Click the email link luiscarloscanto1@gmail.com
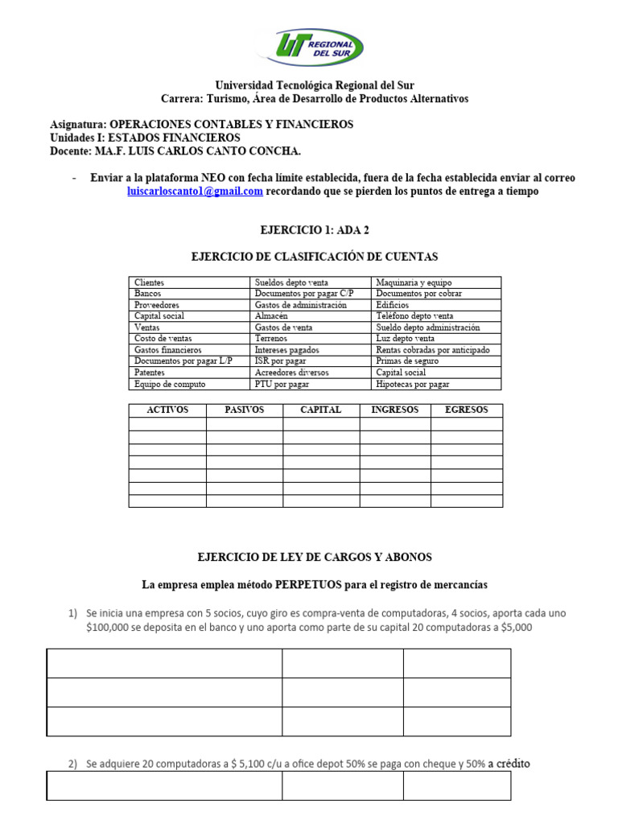point(196,191)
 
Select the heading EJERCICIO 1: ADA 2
point(314,230)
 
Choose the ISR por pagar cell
point(280,361)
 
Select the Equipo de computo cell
point(170,384)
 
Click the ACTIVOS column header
point(167,410)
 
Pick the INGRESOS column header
point(394,410)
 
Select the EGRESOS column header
point(467,410)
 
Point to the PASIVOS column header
point(244,410)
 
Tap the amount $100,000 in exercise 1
point(106,628)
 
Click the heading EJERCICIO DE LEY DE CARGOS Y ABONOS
point(315,557)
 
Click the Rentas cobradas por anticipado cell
point(432,350)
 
